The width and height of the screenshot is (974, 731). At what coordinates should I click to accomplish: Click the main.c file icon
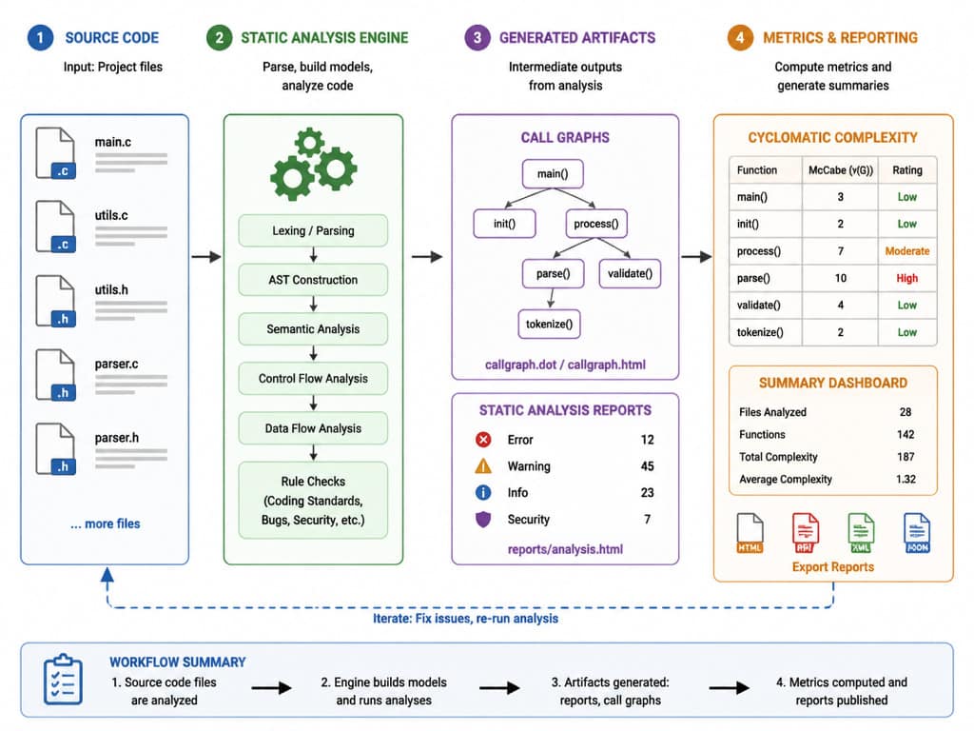(56, 153)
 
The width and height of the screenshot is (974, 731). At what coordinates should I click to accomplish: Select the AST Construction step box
(313, 280)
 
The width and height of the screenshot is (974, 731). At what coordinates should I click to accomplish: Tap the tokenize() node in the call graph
(549, 324)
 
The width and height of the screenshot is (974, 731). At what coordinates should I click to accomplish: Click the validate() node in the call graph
(630, 273)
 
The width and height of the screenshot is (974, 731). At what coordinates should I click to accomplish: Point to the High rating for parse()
(906, 278)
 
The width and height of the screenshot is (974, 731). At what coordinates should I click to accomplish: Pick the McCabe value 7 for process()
(841, 251)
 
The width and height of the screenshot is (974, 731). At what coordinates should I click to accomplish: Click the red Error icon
(483, 440)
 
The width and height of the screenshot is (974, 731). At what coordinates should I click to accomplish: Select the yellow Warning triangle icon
(483, 465)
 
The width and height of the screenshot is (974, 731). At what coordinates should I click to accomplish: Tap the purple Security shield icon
(483, 519)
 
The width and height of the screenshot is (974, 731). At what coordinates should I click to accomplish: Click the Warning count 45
(647, 466)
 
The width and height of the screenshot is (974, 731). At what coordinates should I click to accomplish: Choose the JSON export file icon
(917, 533)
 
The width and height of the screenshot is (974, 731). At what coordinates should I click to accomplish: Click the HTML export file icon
(750, 533)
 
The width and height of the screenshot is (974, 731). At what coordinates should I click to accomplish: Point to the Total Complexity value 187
(906, 457)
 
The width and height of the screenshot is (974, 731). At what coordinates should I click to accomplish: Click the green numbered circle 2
(220, 38)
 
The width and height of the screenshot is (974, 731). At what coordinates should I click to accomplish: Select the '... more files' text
(105, 524)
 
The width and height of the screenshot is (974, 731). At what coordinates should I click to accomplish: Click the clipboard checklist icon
(63, 680)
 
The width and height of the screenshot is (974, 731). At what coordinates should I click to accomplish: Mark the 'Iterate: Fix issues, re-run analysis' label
(465, 619)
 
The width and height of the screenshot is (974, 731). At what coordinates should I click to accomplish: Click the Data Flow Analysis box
(313, 428)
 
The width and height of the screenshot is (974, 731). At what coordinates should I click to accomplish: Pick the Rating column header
(906, 169)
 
